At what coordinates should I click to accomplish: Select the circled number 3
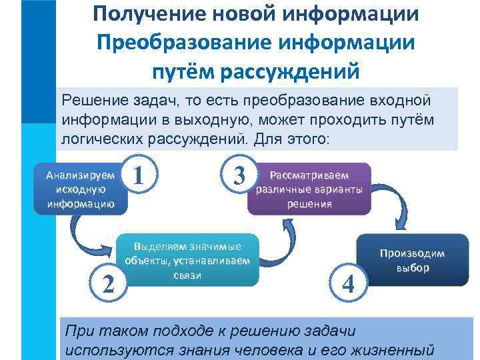237,176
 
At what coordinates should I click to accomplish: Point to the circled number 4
347,284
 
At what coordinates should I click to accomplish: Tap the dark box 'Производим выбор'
413,261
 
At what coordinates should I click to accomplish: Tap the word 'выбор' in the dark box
413,268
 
